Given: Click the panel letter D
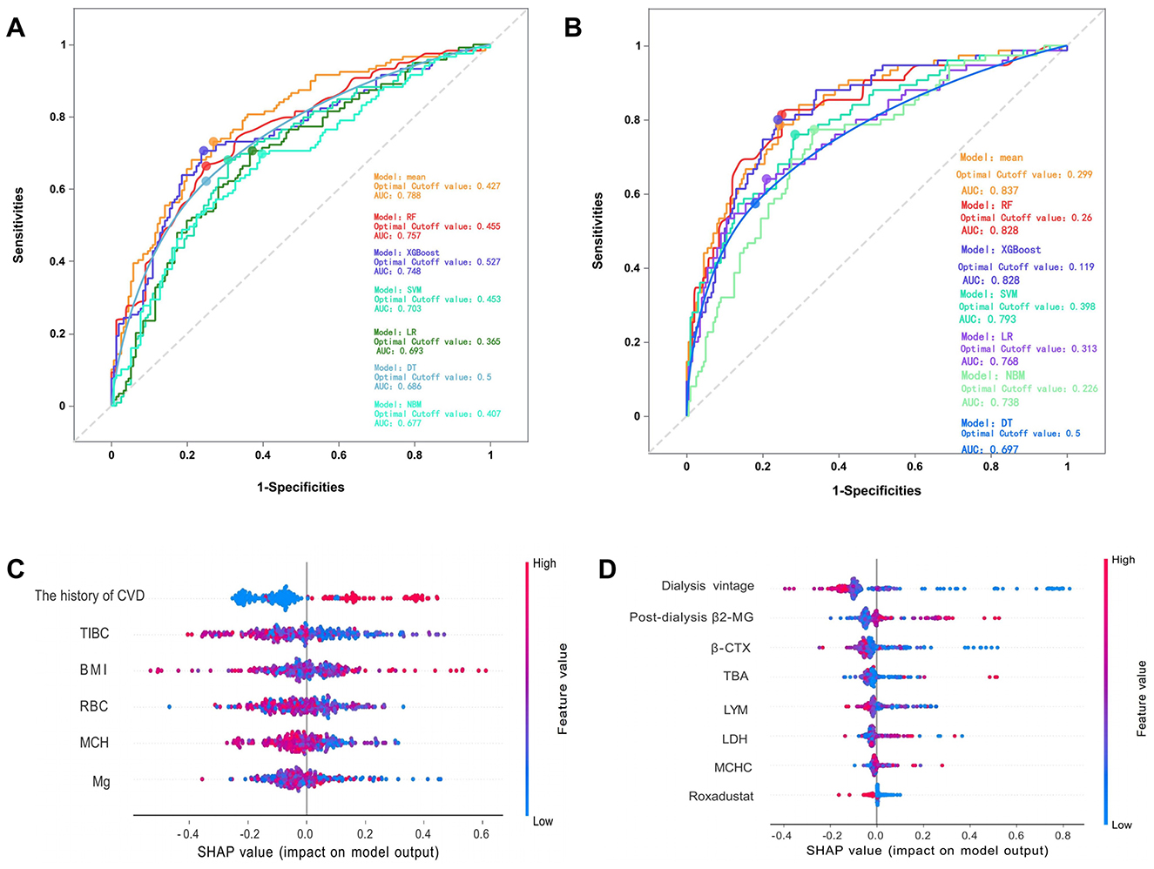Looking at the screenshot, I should click(607, 570).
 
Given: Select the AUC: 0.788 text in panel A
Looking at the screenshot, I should click(397, 196).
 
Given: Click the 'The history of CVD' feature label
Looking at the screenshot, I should click(90, 596).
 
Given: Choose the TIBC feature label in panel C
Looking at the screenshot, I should click(95, 633).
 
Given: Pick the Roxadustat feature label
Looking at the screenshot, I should click(721, 796).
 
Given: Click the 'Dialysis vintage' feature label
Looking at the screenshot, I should click(707, 586).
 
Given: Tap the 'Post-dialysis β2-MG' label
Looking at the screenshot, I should click(692, 617).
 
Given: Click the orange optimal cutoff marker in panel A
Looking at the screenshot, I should click(213, 142).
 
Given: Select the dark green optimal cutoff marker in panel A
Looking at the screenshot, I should click(253, 152).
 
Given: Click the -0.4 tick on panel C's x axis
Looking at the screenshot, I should click(189, 833).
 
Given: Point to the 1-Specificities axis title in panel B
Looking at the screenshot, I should click(876, 491).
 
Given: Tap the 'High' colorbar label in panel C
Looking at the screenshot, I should click(544, 563).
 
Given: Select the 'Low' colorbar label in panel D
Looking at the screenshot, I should click(1122, 824).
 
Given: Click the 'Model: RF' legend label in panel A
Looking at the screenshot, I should click(395, 217).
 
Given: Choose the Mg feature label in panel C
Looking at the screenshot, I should click(101, 781).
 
